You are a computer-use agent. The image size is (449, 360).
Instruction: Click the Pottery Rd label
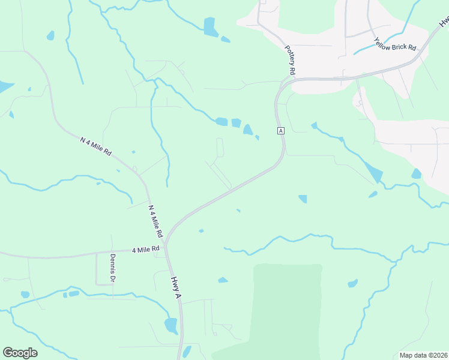coord(291,61)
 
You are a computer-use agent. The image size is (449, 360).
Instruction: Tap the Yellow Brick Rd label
coord(395,44)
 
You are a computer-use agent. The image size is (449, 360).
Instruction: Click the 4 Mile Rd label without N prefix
coord(146,248)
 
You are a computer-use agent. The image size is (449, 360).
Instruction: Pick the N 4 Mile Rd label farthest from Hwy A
coord(96,146)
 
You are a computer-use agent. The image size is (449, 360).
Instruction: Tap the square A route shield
coord(280,130)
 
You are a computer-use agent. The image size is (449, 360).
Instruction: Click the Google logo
coord(20,353)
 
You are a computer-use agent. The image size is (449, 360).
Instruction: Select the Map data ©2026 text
coord(423,355)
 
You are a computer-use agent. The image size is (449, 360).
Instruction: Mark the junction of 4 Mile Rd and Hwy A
coord(166,246)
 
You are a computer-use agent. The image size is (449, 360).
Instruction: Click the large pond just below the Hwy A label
coord(171,325)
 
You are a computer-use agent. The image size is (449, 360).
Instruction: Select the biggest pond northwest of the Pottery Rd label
coord(209,26)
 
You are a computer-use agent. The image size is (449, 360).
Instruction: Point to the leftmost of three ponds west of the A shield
coord(221,122)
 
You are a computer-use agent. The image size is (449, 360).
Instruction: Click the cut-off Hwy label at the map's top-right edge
coord(444,22)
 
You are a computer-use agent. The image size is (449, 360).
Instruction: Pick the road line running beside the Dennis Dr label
coord(97,269)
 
